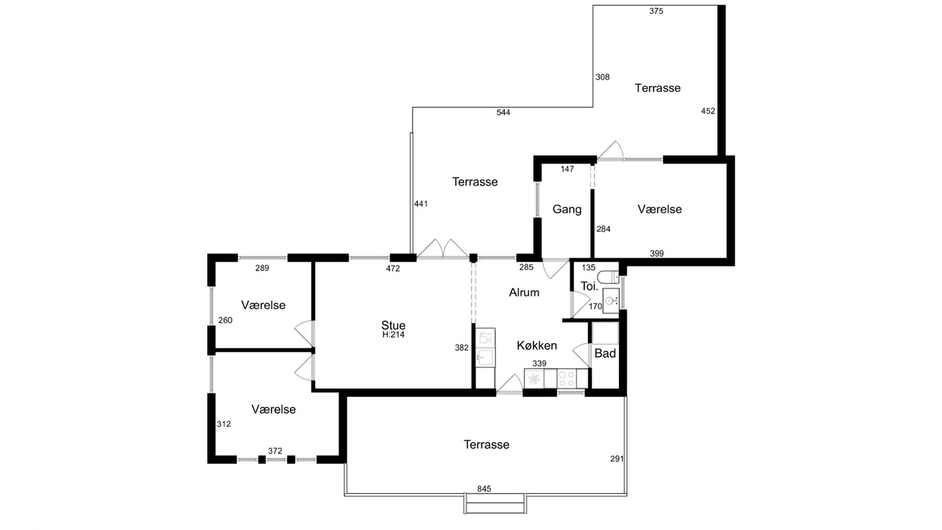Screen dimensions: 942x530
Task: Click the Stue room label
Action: pyautogui.click(x=393, y=325)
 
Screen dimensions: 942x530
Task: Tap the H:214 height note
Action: pyautogui.click(x=393, y=335)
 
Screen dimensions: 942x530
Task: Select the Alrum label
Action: pyautogui.click(x=524, y=292)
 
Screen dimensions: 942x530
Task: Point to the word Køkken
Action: pyautogui.click(x=536, y=345)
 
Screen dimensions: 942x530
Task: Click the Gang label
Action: pyautogui.click(x=567, y=209)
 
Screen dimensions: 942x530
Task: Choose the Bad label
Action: pyautogui.click(x=605, y=353)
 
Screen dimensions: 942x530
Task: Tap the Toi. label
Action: pyautogui.click(x=589, y=286)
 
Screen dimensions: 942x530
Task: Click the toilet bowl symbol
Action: pyautogui.click(x=608, y=277)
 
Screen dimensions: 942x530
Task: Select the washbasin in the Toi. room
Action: pyautogui.click(x=611, y=300)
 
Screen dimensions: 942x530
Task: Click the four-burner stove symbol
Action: pyautogui.click(x=567, y=378)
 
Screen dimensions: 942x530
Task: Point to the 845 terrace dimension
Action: pyautogui.click(x=484, y=489)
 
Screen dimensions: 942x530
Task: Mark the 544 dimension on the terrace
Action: pyautogui.click(x=503, y=113)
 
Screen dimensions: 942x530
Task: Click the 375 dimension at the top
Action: pyautogui.click(x=656, y=11)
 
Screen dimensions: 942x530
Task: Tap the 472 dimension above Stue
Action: pyautogui.click(x=393, y=269)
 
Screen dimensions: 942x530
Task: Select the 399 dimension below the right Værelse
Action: pyautogui.click(x=656, y=253)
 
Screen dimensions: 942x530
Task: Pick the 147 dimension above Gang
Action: pyautogui.click(x=567, y=169)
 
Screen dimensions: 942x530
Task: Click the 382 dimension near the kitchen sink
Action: pyautogui.click(x=461, y=348)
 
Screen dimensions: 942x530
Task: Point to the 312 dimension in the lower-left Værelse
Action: pyautogui.click(x=224, y=424)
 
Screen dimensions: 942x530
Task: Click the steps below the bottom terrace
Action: pyautogui.click(x=495, y=504)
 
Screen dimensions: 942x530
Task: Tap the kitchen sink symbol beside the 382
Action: pyautogui.click(x=485, y=358)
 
